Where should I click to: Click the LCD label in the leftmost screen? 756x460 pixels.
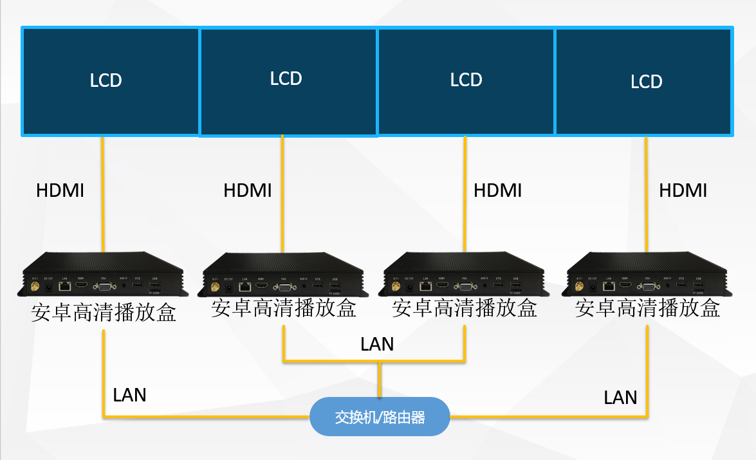[106, 80]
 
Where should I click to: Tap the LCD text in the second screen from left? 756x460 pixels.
[286, 78]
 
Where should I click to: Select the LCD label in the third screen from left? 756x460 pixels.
[466, 80]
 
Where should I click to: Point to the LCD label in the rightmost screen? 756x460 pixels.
[646, 82]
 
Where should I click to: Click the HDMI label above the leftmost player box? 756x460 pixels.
[60, 190]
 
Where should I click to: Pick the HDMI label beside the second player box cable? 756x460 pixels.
[247, 190]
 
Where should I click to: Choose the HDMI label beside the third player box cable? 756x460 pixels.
[497, 190]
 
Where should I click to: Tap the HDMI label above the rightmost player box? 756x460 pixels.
[683, 190]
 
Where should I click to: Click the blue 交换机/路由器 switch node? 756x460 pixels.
[380, 417]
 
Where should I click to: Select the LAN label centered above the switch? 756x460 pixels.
[377, 344]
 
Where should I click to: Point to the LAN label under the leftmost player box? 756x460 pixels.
[129, 394]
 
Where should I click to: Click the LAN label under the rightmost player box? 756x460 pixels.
[620, 398]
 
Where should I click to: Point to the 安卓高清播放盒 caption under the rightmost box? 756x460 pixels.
[647, 309]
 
